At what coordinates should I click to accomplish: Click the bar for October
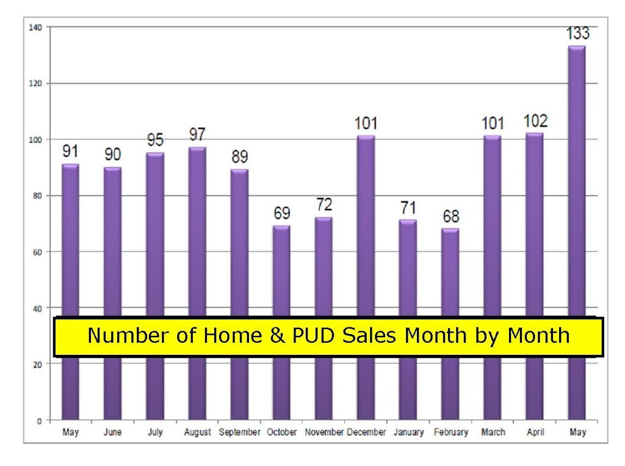point(281,322)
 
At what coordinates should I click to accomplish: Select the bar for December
point(366,278)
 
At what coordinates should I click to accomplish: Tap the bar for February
point(450,324)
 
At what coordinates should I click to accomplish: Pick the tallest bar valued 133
point(577,233)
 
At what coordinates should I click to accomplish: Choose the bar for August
point(197,283)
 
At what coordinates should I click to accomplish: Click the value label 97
point(197,134)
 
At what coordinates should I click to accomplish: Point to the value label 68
point(451,216)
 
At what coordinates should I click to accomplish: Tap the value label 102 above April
point(535,121)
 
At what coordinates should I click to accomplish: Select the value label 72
point(324,205)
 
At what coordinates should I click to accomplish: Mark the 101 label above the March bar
point(493,123)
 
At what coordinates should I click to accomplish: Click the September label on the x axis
point(239,432)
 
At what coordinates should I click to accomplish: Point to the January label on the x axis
point(408,432)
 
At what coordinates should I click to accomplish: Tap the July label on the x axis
point(155,432)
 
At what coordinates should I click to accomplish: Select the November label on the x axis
point(324,432)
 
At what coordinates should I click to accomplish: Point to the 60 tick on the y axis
point(37,252)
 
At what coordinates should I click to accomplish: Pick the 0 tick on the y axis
point(40,421)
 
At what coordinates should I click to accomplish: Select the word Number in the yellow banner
point(128,335)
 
